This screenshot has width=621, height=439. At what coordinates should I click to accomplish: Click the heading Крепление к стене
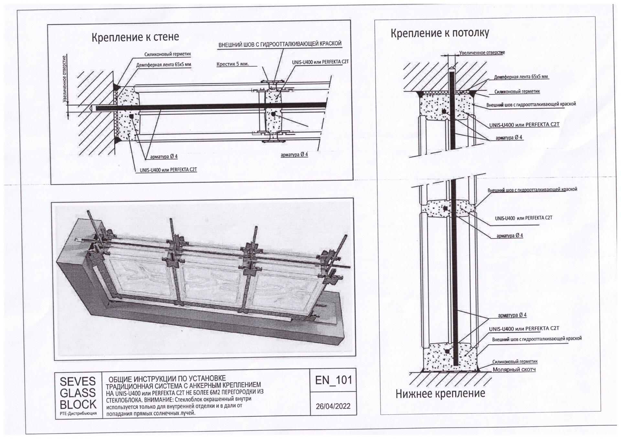135,37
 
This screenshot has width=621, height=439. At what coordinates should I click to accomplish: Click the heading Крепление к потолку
440,33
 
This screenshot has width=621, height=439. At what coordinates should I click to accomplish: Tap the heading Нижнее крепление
440,393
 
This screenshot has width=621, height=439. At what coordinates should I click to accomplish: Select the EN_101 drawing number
333,380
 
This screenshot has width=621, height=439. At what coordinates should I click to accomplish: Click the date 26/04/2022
333,406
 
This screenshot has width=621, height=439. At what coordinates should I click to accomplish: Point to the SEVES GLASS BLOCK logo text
78,393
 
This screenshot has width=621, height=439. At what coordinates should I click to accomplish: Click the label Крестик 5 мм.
233,64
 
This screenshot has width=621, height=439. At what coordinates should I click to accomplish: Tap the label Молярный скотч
514,369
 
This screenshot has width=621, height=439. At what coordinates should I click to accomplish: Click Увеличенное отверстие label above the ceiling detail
482,52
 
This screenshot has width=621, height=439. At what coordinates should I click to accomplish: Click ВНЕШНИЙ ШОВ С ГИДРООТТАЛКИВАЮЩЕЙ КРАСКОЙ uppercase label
280,44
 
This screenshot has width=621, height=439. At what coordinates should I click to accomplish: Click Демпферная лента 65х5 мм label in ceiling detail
521,77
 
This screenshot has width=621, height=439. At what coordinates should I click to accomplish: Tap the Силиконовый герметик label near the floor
515,362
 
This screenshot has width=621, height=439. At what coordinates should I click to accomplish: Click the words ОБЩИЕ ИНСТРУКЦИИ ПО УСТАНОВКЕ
167,379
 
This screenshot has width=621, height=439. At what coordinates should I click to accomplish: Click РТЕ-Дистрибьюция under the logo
78,413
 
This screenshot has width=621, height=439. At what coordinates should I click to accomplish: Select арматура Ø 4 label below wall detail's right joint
294,155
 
